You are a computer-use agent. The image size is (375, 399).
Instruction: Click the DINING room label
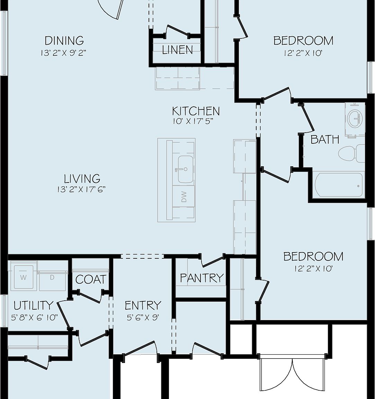click(x=64, y=41)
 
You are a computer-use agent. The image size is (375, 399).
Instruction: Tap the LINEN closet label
click(x=177, y=50)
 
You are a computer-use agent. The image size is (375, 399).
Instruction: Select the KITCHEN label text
click(x=196, y=111)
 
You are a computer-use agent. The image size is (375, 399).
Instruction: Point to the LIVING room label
click(x=82, y=179)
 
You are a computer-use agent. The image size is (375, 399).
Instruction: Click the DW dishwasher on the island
click(x=184, y=196)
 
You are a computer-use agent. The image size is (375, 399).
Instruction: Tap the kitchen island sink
click(x=185, y=169)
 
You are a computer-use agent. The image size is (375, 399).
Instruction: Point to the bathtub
click(x=339, y=185)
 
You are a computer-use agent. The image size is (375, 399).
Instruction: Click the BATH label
click(x=324, y=140)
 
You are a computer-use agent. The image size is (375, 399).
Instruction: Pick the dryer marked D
click(x=52, y=277)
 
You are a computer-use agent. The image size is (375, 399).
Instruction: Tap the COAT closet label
click(x=91, y=280)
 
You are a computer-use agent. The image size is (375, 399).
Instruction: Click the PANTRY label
click(x=202, y=278)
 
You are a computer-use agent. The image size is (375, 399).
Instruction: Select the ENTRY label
click(x=143, y=305)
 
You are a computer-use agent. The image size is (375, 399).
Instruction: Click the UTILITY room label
click(x=34, y=305)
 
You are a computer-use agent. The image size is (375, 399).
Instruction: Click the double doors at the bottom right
click(x=293, y=374)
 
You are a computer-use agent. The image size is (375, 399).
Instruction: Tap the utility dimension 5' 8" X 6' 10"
click(x=34, y=317)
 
